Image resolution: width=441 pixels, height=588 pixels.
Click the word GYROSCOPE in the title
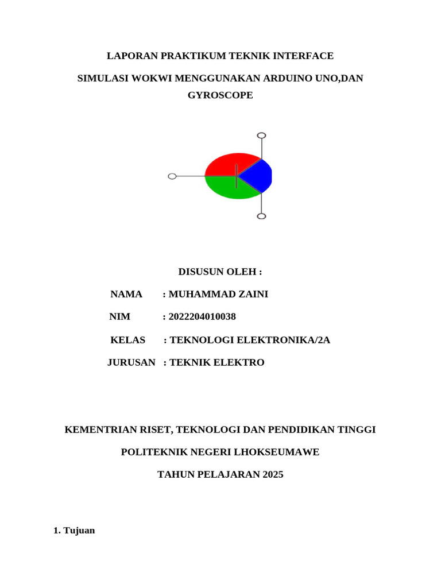220,95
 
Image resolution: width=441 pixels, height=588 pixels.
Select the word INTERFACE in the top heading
304,56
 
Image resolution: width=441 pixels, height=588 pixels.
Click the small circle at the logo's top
261,136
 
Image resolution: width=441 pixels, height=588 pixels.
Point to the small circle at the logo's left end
172,176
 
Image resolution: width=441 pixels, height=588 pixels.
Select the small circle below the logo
261,216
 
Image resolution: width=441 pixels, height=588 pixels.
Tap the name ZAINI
253,294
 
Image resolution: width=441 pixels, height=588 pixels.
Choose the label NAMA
126,294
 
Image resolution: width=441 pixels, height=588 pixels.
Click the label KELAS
127,340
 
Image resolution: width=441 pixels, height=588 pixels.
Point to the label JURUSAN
131,362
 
